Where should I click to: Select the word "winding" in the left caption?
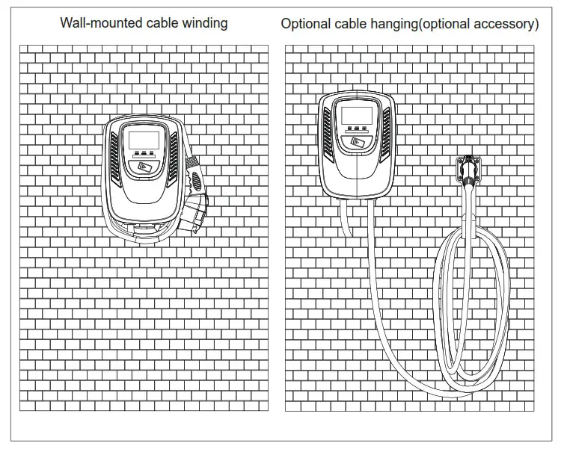click(x=203, y=23)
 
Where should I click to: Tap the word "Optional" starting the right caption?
click(x=304, y=24)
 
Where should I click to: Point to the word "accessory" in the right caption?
click(x=506, y=24)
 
